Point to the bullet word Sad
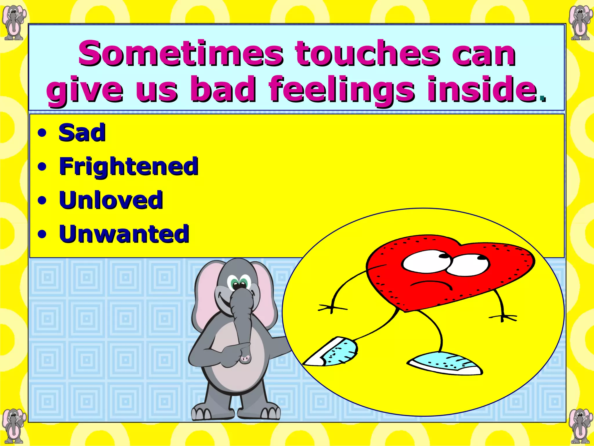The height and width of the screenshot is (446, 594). (82, 133)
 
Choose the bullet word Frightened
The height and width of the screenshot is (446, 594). (128, 166)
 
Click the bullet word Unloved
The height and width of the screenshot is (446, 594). (111, 200)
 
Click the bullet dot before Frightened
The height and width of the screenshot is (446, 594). (42, 167)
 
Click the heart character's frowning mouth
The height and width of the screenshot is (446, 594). (431, 285)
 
